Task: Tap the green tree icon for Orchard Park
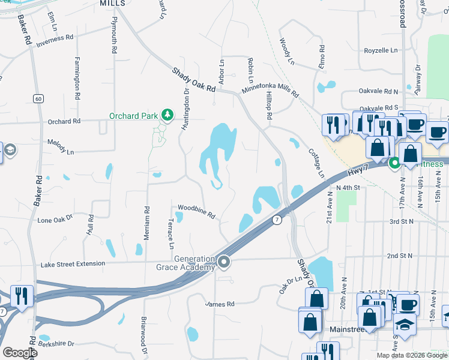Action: pos(168,115)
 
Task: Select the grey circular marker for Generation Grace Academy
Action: pos(224,262)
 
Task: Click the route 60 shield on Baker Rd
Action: pos(38,98)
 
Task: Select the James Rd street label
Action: pos(220,304)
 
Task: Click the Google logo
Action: pos(20,353)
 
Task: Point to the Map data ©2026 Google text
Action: pos(411,355)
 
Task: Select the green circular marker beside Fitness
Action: pos(394,163)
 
